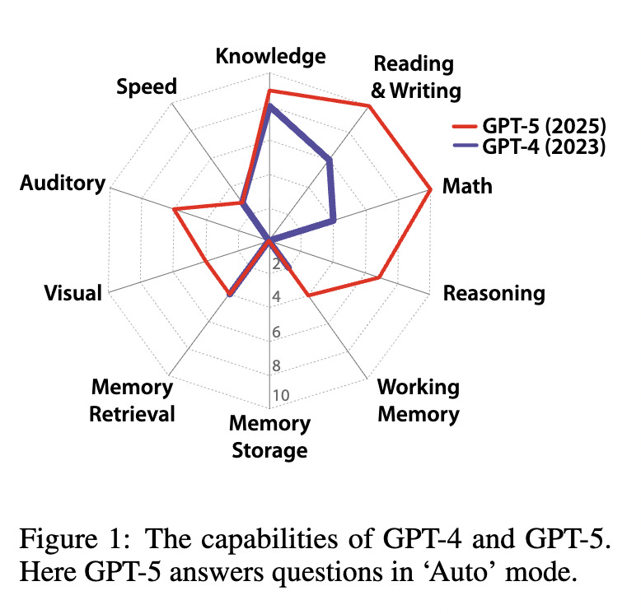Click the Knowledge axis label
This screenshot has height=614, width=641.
coord(270,57)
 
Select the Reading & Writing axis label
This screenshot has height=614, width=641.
coord(414,77)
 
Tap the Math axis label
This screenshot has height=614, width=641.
coord(467,186)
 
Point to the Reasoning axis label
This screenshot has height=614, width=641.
coord(494,293)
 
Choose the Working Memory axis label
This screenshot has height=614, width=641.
coord(418,399)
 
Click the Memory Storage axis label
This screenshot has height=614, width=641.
coord(269,437)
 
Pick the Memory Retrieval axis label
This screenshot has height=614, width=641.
coord(133,400)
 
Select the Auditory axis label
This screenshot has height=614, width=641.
coord(63,183)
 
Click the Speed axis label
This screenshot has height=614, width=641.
coord(147,86)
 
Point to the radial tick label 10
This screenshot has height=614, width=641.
coord(280,395)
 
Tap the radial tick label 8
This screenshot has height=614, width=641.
coord(278,365)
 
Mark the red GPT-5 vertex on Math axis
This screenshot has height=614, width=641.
coord(431,190)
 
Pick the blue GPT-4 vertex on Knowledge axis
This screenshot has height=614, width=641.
coord(269,106)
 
